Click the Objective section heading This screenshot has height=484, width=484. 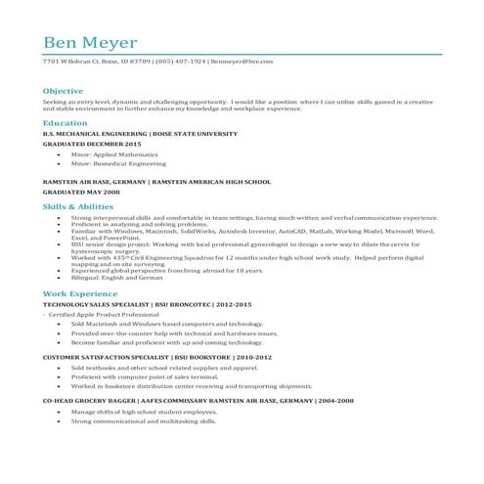pyautogui.click(x=63, y=90)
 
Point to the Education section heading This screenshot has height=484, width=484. pyautogui.click(x=65, y=124)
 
